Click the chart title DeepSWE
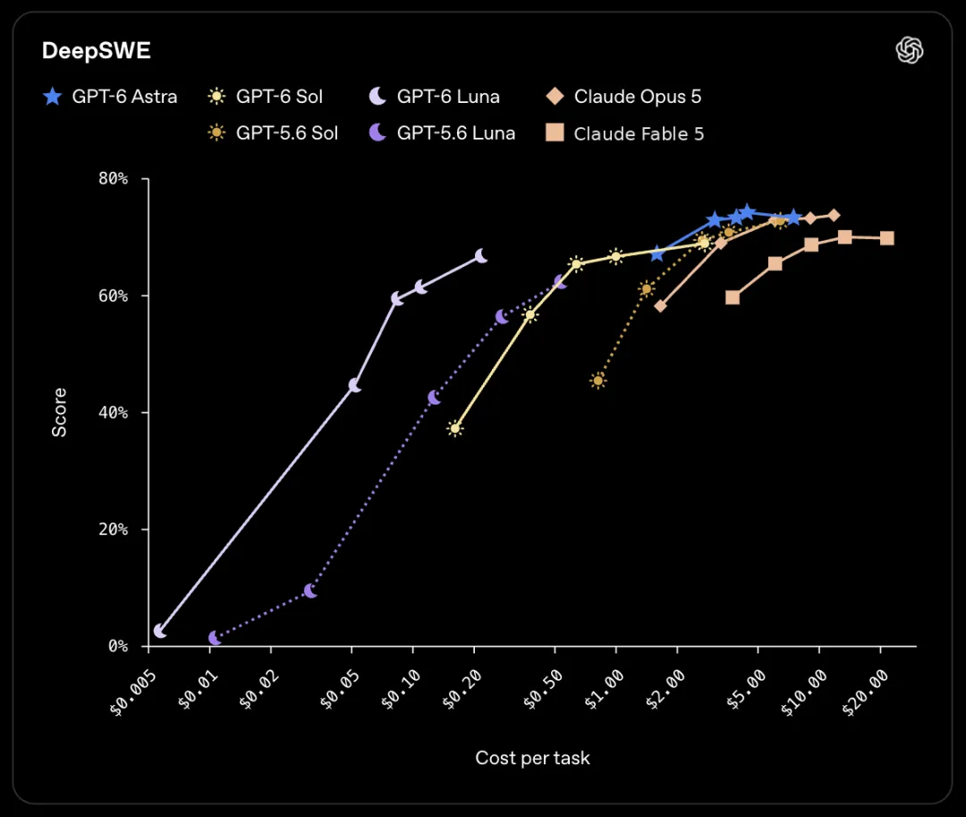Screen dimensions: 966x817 [96, 50]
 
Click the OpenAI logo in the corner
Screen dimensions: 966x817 [910, 50]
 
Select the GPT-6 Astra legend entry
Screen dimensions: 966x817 [110, 97]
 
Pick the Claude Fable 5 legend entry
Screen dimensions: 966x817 [624, 133]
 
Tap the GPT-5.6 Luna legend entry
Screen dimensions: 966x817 [442, 133]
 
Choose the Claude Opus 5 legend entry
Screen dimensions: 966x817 [623, 97]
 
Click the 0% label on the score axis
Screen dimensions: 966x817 [118, 646]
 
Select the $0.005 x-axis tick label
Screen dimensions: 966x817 [133, 694]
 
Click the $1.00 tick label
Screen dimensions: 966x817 [605, 690]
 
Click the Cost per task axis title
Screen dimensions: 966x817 [532, 758]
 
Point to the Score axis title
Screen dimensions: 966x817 [59, 413]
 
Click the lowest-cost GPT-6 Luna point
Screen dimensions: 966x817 [159, 631]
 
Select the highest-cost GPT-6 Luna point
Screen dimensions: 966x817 [481, 256]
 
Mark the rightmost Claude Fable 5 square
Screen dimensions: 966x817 [886, 238]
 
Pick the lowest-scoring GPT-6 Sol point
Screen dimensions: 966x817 [455, 429]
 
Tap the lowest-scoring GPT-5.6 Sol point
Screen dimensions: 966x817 [597, 381]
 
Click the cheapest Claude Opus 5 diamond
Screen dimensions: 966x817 [660, 306]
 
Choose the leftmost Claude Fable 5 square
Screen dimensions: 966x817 [733, 298]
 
